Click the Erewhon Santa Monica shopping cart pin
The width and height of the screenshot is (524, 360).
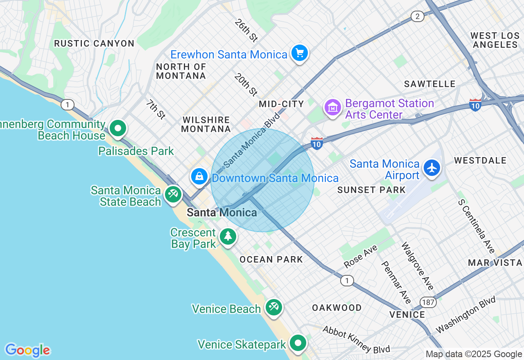299,53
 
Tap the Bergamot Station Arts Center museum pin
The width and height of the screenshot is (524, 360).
333,108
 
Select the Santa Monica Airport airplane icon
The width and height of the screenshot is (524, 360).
432,168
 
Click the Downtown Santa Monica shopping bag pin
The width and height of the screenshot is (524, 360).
199,177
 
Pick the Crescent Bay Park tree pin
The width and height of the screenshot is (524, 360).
228,237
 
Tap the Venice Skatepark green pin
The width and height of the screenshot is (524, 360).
298,343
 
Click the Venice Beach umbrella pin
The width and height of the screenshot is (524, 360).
273,307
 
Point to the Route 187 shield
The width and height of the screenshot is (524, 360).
429,302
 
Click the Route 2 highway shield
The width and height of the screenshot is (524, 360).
417,16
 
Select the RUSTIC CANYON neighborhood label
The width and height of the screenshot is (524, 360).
94,43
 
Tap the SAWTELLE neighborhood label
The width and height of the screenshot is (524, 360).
429,84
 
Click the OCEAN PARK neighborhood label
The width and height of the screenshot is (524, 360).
271,259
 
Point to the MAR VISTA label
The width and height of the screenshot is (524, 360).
495,263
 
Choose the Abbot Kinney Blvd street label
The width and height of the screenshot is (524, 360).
356,339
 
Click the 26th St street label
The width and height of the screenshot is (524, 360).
246,30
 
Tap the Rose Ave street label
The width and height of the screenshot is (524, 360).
361,256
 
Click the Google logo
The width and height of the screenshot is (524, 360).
27,350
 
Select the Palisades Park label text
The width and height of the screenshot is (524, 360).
136,151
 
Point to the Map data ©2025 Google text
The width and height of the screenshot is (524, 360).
474,354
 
